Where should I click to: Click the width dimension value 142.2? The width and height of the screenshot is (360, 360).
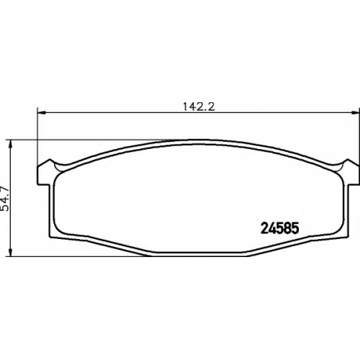pos(199,107)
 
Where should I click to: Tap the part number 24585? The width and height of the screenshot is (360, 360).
pos(279,228)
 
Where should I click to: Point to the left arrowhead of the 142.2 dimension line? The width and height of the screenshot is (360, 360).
pos(41,112)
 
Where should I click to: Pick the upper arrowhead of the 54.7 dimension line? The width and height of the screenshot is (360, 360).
pos(10,143)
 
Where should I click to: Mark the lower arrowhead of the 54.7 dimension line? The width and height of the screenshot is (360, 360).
pos(10,253)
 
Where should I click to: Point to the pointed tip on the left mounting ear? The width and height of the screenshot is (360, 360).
pos(50,159)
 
